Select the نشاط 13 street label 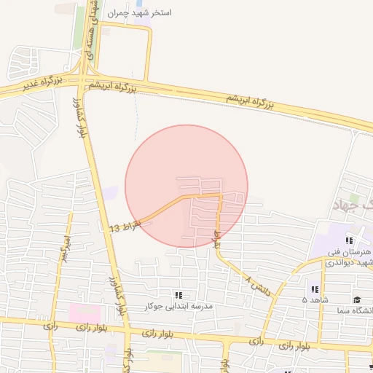pyautogui.click(x=125, y=226)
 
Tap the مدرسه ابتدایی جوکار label pyautogui.click(x=178, y=307)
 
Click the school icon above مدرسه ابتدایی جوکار pyautogui.click(x=178, y=295)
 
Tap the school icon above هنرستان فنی pyautogui.click(x=350, y=240)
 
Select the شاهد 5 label pyautogui.click(x=315, y=299)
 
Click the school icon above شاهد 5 pyautogui.click(x=315, y=288)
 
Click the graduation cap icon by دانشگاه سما pyautogui.click(x=357, y=299)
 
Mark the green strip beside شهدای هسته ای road pyautogui.click(x=79, y=29)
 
